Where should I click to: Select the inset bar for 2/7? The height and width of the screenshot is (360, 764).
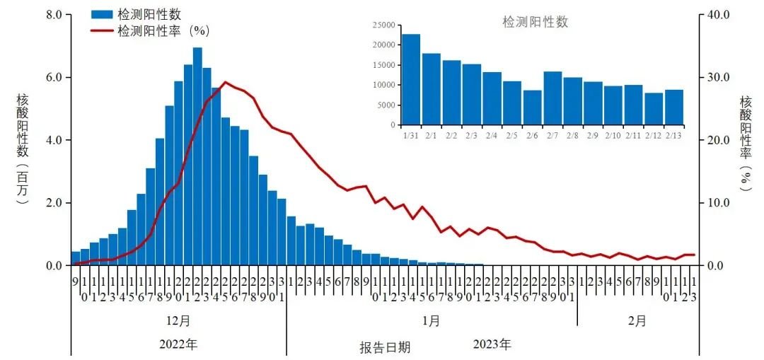click(x=552, y=98)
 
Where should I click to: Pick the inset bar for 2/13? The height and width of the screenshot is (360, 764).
click(x=674, y=107)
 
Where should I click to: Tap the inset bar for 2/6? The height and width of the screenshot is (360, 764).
click(x=532, y=107)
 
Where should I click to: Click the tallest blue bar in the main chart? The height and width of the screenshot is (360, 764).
click(x=197, y=156)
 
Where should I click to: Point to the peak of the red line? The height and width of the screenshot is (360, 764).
click(x=225, y=82)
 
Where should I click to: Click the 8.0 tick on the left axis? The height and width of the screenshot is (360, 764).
click(x=54, y=14)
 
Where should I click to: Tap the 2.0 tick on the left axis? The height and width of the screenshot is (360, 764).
click(x=54, y=203)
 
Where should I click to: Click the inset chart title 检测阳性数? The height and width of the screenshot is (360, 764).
click(x=535, y=22)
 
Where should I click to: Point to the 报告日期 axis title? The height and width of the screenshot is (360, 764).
click(x=384, y=347)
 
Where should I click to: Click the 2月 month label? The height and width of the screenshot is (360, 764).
click(x=637, y=320)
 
